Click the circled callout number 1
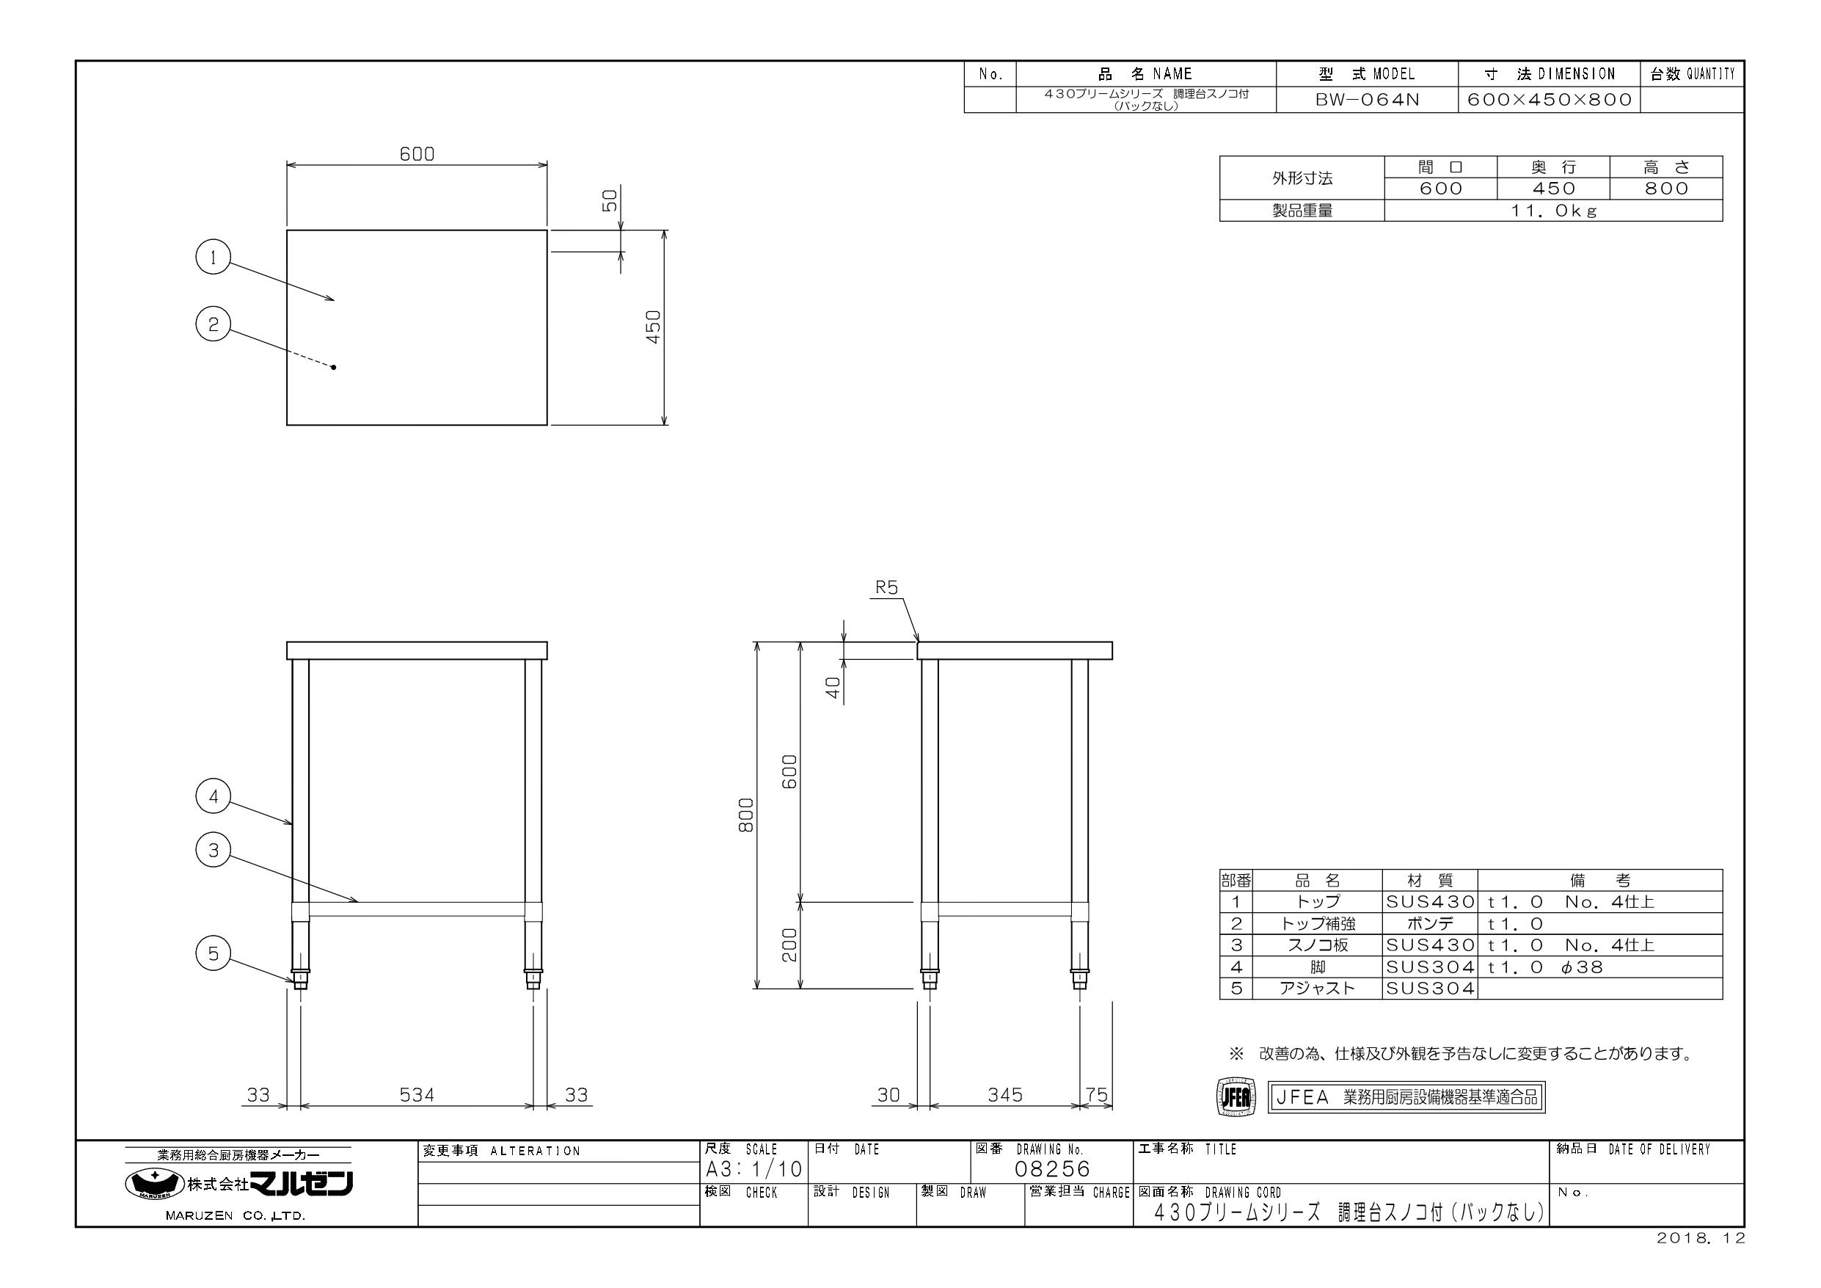[x=213, y=257]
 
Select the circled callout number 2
[x=213, y=324]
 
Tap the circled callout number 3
[x=213, y=851]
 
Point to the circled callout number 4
[x=213, y=796]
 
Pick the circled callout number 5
[x=213, y=953]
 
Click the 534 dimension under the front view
[x=417, y=1095]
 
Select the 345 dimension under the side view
[x=1005, y=1095]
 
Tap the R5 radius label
[x=887, y=587]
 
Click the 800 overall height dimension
[x=745, y=815]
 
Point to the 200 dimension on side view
[x=790, y=945]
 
